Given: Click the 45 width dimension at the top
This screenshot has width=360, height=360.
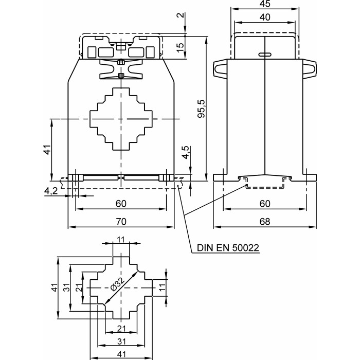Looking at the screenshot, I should [x=265, y=5].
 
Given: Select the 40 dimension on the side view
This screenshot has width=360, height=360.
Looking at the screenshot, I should [x=265, y=17].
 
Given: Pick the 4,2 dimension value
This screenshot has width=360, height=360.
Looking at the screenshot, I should [x=51, y=191].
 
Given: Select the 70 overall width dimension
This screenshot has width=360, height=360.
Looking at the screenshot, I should [x=121, y=222].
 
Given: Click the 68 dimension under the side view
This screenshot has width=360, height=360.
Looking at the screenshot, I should [x=265, y=222].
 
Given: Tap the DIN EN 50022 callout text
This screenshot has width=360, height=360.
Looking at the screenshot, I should [x=228, y=248].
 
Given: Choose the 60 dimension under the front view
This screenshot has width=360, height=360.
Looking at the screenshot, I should [x=121, y=204].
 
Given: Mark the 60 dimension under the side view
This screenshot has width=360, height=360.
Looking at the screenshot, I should [x=265, y=204].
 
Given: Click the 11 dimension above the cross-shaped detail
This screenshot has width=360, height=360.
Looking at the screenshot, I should [x=121, y=240].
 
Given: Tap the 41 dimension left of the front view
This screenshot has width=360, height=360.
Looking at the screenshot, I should [x=46, y=150].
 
